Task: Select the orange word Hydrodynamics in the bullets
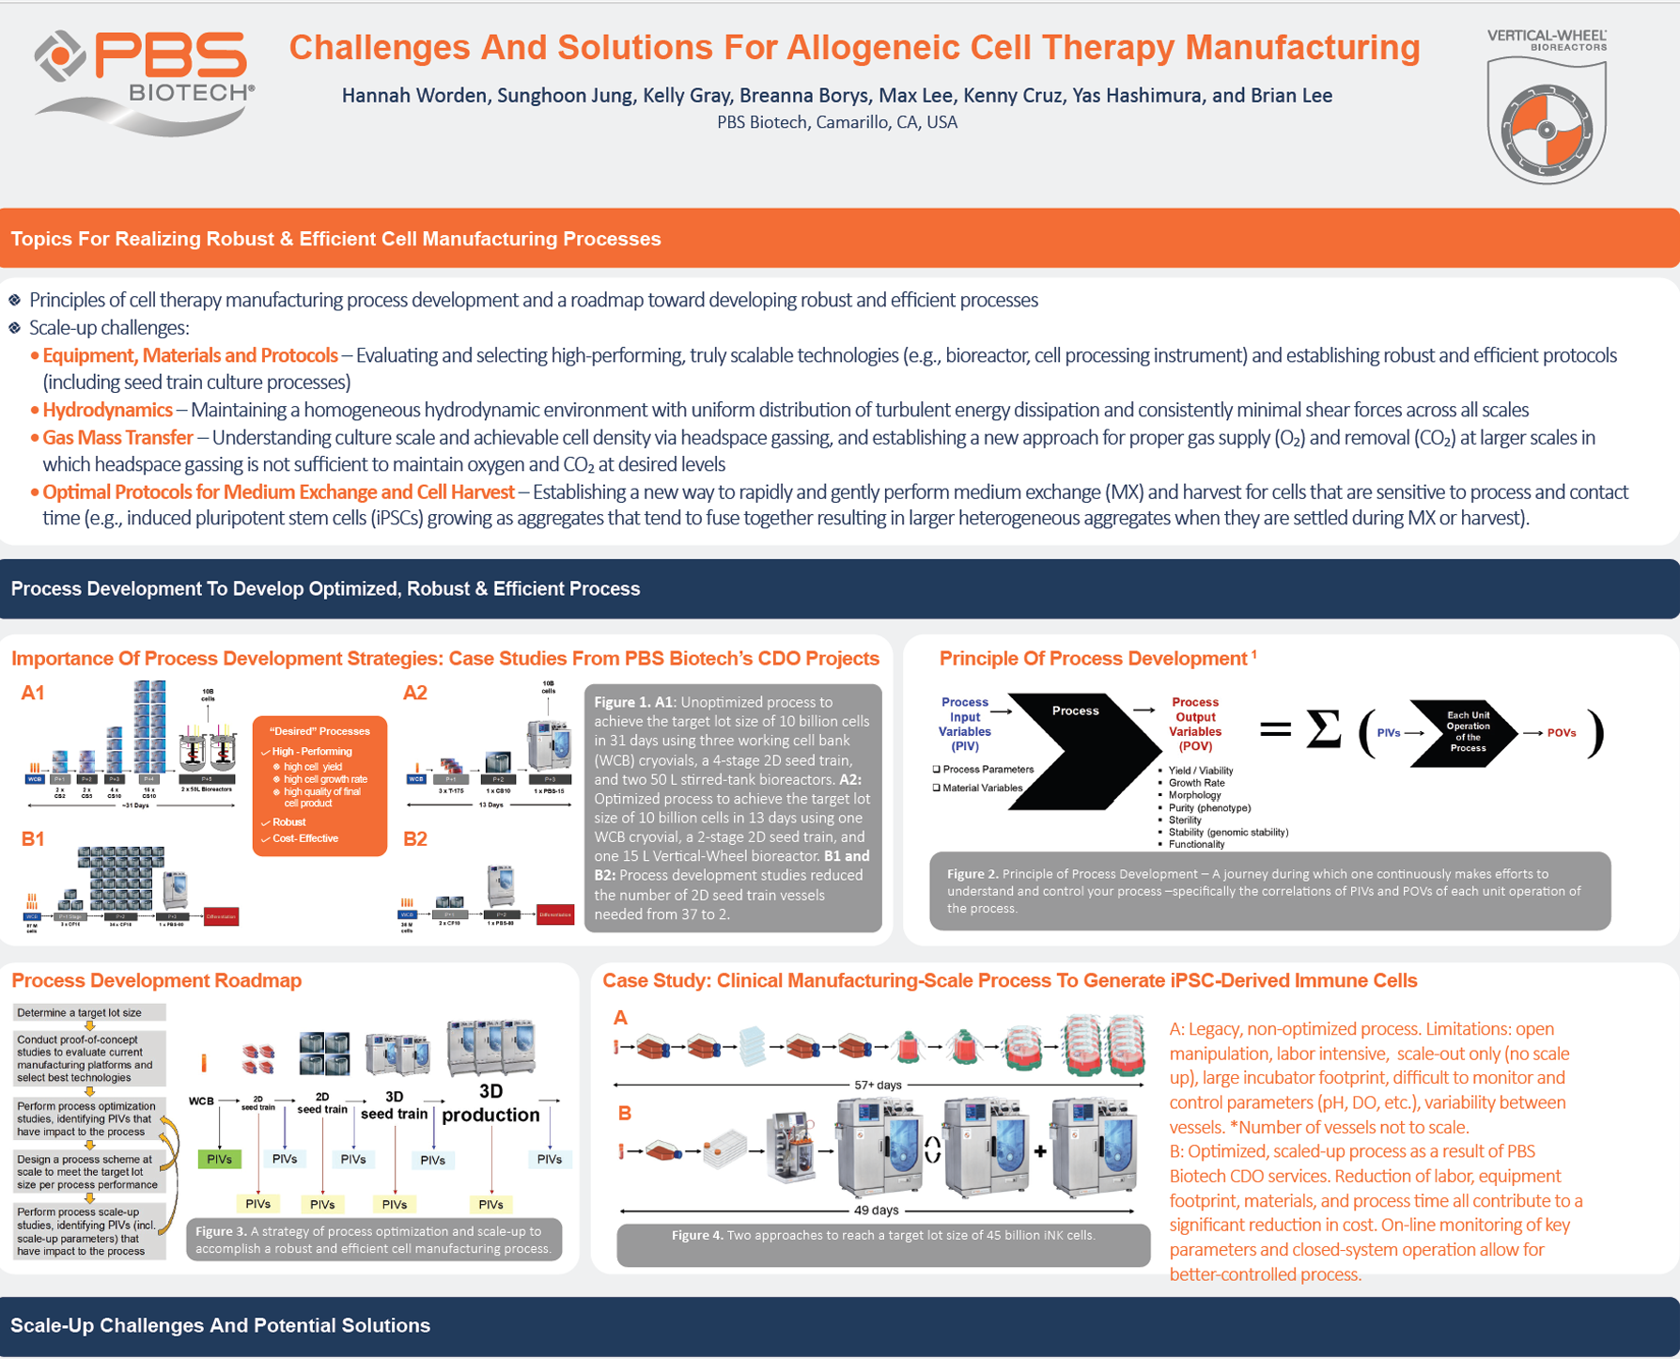[x=107, y=410]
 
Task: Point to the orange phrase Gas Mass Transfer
[x=117, y=437]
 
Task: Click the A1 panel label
[x=33, y=694]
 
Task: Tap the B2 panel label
[x=415, y=839]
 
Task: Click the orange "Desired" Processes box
[x=319, y=786]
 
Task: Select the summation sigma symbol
[x=1324, y=730]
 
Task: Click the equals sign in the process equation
[x=1275, y=729]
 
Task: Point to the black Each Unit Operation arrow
[x=1464, y=733]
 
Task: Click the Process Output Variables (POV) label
[x=1195, y=724]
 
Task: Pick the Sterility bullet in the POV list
[x=1185, y=820]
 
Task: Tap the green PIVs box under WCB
[x=219, y=1159]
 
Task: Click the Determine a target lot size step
[x=80, y=1013]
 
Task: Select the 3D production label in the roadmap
[x=490, y=1103]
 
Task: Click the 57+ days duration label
[x=878, y=1085]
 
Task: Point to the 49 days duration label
[x=876, y=1210]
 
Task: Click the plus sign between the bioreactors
[x=1040, y=1150]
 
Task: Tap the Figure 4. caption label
[x=697, y=1235]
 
